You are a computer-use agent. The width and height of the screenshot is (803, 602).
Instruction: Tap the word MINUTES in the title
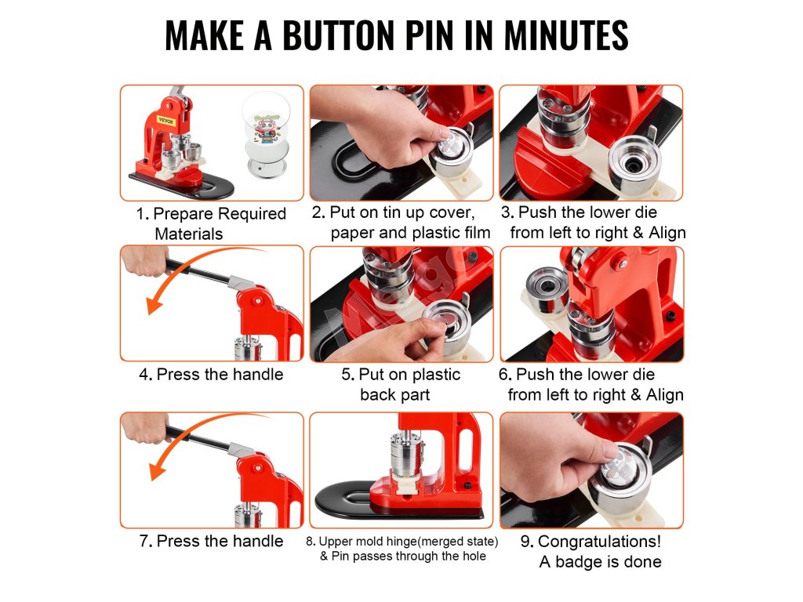tap(566, 35)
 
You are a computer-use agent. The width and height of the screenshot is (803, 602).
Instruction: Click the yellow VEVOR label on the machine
tap(165, 121)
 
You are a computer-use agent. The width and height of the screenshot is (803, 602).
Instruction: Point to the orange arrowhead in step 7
tap(156, 470)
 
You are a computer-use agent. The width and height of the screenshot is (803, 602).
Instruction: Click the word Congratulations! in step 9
tap(600, 541)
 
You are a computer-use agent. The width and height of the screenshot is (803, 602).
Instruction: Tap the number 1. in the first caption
tap(143, 213)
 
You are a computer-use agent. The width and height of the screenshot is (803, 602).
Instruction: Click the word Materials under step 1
tap(188, 234)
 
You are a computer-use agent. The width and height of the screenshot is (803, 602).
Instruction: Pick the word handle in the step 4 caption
tap(256, 374)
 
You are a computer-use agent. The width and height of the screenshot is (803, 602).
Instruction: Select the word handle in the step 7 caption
tap(256, 541)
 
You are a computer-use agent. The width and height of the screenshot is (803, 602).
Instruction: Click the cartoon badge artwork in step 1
tap(267, 128)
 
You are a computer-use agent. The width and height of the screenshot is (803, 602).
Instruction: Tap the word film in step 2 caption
tap(476, 232)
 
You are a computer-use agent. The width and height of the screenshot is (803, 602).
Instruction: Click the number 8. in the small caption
tap(311, 542)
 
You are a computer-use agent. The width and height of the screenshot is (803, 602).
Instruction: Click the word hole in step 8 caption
tap(474, 556)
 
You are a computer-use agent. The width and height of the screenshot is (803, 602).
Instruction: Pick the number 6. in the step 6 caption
tap(505, 374)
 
